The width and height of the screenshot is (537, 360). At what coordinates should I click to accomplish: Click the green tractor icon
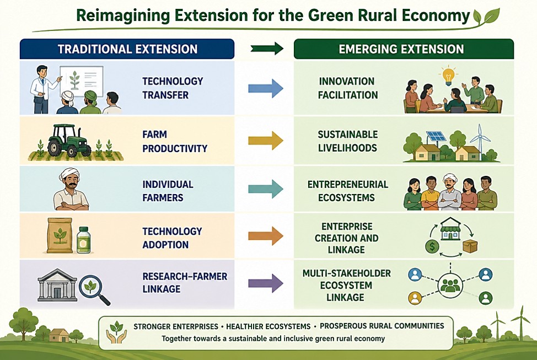point(69,141)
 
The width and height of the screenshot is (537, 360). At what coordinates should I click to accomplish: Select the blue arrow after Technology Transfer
point(266,88)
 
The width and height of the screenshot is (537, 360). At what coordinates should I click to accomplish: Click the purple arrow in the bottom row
point(266,283)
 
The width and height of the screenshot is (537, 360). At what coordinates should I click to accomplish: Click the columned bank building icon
point(57,286)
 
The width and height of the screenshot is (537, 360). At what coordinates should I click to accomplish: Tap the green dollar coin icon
point(432,246)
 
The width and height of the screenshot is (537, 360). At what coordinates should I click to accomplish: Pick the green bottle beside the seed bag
point(84,240)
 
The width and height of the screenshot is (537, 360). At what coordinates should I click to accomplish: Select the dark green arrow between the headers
point(267,49)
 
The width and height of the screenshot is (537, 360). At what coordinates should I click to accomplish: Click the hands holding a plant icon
point(116,331)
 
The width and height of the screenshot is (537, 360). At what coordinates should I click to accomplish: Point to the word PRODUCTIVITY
point(175,149)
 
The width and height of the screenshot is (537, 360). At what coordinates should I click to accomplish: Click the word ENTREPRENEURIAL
point(347,185)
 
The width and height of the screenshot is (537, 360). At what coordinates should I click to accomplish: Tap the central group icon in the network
point(450,286)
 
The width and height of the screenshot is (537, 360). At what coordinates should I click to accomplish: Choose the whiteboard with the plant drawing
point(82,81)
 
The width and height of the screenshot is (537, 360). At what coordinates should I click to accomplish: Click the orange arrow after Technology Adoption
point(266,235)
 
